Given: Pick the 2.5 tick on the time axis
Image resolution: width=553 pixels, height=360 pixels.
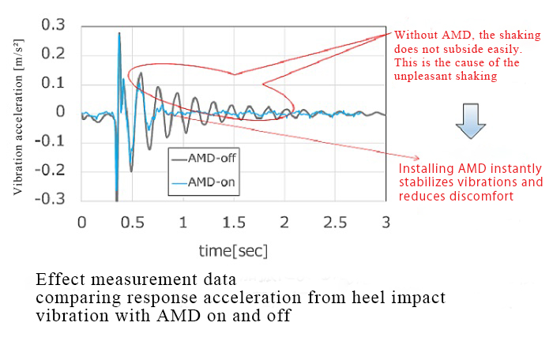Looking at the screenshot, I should pyautogui.click(x=335, y=223).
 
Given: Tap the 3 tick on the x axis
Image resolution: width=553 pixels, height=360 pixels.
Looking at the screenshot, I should pyautogui.click(x=386, y=223).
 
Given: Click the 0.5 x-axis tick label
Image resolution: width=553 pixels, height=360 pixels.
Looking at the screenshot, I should pyautogui.click(x=133, y=223).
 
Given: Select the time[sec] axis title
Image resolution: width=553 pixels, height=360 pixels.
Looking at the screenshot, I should pyautogui.click(x=234, y=251).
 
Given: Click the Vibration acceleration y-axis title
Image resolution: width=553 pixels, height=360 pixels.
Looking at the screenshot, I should pyautogui.click(x=19, y=111).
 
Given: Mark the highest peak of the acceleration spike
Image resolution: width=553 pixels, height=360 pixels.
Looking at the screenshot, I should pyautogui.click(x=119, y=32).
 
